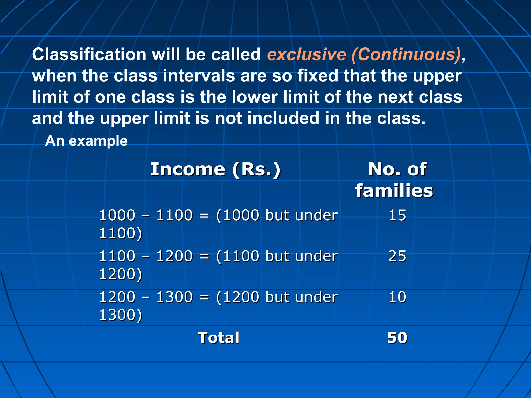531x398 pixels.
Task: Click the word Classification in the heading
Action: point(89,55)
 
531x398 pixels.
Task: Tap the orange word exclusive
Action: point(306,55)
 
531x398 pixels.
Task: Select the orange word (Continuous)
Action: point(406,55)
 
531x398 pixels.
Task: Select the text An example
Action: point(86,141)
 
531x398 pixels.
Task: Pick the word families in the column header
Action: point(394,191)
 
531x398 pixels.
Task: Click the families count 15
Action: point(397,215)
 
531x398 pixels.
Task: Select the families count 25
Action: point(397,256)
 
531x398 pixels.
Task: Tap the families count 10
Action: point(397,297)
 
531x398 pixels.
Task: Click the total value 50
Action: point(397,338)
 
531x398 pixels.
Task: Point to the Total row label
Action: point(219,338)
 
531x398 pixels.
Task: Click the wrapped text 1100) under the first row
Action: point(121,233)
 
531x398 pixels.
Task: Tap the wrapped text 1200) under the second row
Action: point(121,274)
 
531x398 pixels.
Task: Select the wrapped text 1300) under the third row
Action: point(121,315)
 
